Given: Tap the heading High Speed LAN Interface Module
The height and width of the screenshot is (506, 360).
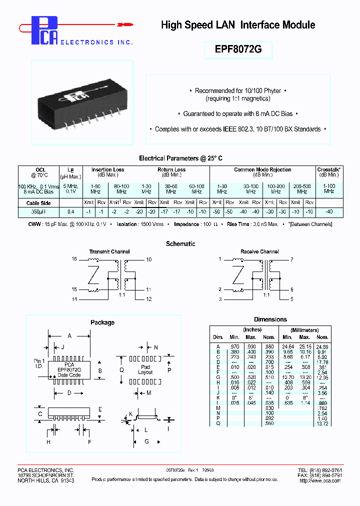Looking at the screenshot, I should [x=238, y=25].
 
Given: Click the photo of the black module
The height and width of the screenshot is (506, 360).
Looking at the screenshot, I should [x=82, y=102].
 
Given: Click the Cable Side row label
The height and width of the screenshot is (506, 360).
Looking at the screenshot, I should [x=38, y=202].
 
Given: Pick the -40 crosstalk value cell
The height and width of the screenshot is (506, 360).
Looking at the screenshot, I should [x=329, y=212].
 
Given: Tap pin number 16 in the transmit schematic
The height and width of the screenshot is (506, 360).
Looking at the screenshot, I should [x=74, y=259].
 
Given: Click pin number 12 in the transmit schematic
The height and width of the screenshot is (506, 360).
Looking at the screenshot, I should [x=148, y=299].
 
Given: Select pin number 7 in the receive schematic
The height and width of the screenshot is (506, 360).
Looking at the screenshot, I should [x=291, y=259].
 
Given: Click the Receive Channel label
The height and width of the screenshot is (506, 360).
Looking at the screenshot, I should [x=259, y=251].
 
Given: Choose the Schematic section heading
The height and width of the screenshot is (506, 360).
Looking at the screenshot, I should [x=180, y=243].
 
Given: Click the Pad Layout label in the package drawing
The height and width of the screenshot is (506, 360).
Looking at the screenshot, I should [x=145, y=369].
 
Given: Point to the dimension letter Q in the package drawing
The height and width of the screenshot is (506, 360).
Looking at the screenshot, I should [x=121, y=370].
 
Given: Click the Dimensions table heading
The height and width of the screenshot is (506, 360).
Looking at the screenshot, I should [x=270, y=319].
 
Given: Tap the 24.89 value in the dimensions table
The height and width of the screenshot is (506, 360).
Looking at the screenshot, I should [x=322, y=346].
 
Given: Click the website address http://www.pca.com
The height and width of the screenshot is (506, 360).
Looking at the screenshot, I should [x=320, y=480].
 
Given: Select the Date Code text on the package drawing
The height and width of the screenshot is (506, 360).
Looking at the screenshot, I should [x=69, y=375].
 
